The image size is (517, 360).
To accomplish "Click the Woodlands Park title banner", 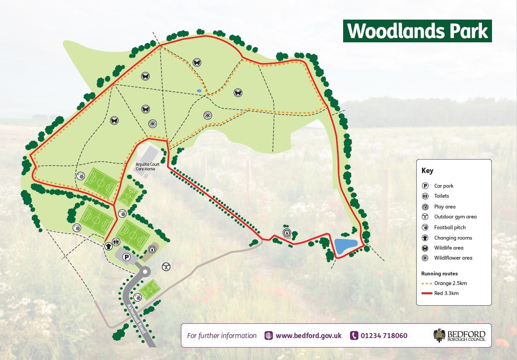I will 417,31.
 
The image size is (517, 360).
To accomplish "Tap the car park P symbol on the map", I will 126,257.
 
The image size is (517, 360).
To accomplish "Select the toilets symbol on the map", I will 117,242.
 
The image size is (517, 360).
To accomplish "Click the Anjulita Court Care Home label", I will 145,167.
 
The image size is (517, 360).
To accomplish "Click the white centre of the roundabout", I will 145,272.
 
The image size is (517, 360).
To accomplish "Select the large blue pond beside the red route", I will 346,246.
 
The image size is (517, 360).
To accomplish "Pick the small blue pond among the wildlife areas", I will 199,91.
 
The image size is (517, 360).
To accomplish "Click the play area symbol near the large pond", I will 287,232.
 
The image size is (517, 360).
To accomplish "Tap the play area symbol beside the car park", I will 152,249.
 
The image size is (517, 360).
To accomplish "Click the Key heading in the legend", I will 427,171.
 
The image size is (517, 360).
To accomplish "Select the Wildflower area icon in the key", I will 425,258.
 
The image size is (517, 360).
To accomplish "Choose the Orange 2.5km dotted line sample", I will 426,283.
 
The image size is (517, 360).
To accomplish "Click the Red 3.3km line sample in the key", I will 426,293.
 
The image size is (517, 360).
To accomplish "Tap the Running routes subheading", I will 439,273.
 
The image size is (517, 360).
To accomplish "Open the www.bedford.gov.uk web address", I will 308,335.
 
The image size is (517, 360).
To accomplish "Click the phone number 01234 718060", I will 384,335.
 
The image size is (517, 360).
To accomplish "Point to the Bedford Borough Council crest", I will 439,335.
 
